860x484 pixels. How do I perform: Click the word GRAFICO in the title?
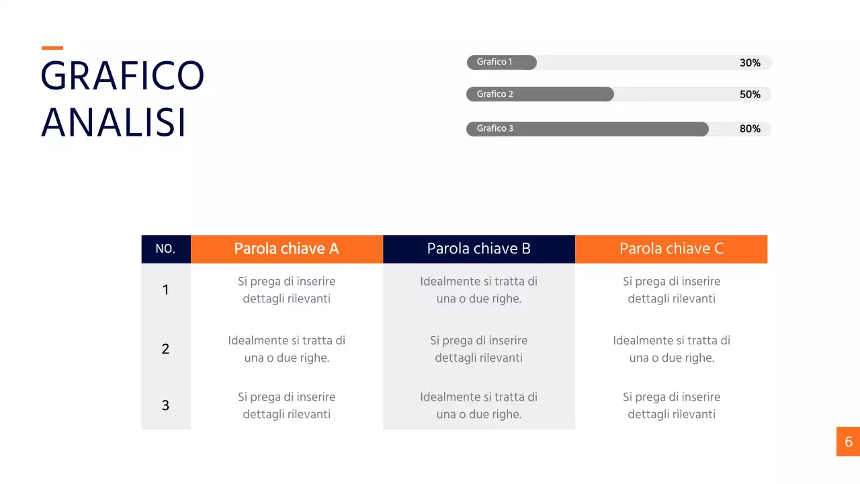click(x=122, y=75)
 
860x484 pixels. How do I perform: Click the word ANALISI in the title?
click(x=114, y=123)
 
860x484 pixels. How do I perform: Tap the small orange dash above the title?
click(x=52, y=48)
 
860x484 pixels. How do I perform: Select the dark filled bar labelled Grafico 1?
click(x=502, y=63)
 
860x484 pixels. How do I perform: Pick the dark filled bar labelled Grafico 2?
click(x=540, y=94)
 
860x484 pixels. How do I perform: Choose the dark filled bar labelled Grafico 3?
click(x=587, y=129)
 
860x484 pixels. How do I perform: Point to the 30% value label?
click(x=750, y=63)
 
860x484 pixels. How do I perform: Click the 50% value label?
click(x=750, y=95)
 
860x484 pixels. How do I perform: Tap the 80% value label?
click(x=750, y=129)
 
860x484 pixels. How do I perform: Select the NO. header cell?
click(x=165, y=249)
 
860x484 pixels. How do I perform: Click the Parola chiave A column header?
click(x=287, y=249)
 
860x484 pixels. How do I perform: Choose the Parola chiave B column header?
click(x=479, y=249)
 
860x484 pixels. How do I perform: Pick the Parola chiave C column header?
click(x=671, y=249)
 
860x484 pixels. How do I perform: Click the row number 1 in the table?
click(x=165, y=290)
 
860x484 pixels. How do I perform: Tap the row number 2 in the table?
click(x=165, y=349)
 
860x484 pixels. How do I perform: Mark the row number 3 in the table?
click(x=165, y=405)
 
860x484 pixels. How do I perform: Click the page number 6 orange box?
click(x=848, y=442)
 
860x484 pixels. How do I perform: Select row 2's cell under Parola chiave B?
click(x=479, y=349)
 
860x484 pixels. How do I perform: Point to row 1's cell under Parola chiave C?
click(x=671, y=290)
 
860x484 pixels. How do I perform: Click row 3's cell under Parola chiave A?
click(x=287, y=405)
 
